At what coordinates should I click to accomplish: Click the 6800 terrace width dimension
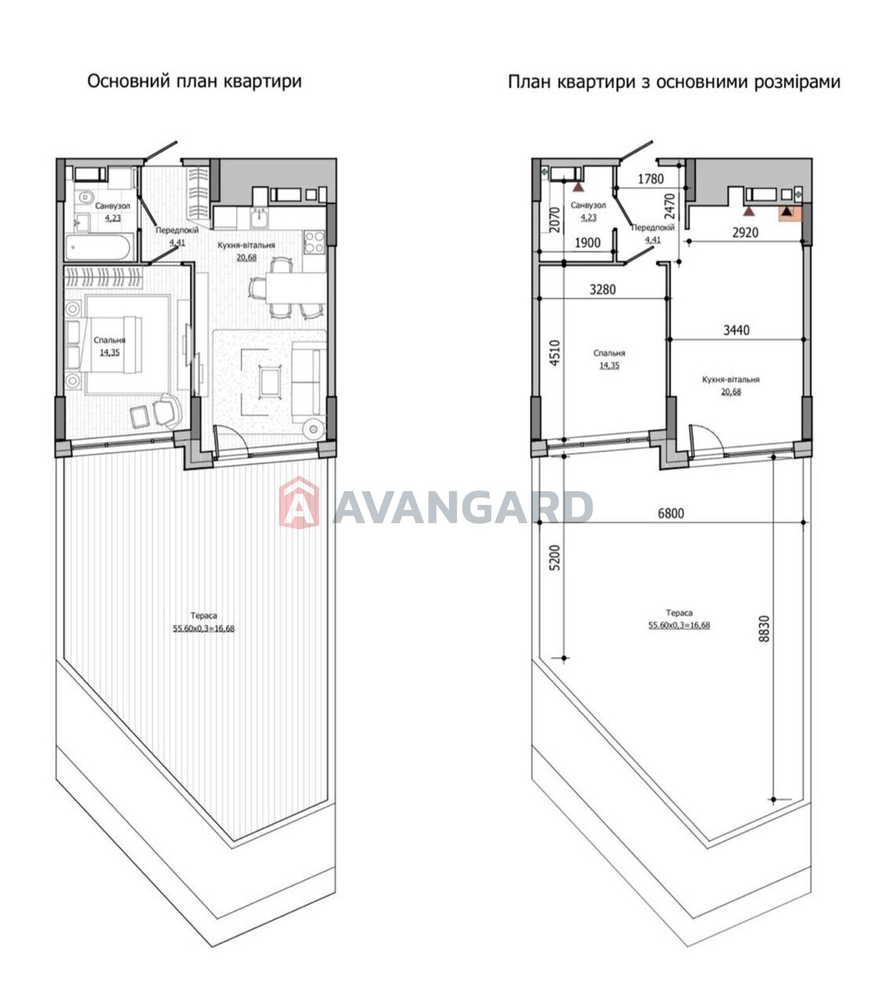(x=670, y=513)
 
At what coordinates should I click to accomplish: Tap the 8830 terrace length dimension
(x=764, y=628)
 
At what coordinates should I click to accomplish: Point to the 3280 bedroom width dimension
(x=602, y=290)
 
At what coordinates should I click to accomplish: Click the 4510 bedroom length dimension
(x=554, y=353)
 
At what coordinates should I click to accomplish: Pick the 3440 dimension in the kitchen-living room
(x=736, y=330)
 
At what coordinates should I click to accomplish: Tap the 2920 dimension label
(x=745, y=232)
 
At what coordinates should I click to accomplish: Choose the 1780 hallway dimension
(x=650, y=179)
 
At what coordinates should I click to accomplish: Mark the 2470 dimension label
(x=669, y=205)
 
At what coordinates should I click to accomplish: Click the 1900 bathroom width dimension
(x=587, y=242)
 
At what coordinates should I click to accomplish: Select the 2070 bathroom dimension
(x=554, y=220)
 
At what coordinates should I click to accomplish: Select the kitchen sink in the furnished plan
(x=259, y=217)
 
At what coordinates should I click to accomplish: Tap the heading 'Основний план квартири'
(x=194, y=82)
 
